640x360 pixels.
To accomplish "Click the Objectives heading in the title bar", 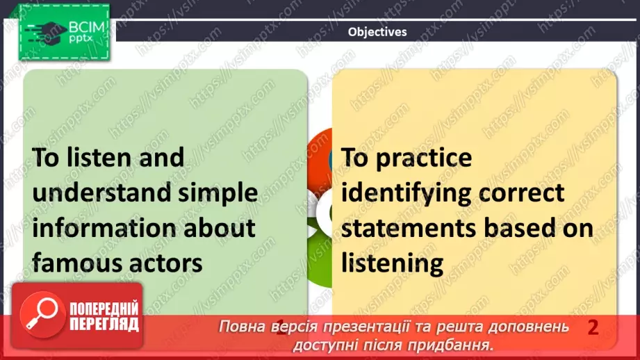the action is (377, 32).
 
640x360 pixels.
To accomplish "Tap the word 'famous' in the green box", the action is (69, 263).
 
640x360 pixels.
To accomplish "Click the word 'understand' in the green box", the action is (101, 193).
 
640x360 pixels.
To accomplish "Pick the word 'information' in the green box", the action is (104, 228).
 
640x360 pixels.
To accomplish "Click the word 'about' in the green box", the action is (220, 228).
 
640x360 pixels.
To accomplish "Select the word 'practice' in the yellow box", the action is (424, 158).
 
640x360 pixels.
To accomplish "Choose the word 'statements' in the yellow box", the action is (408, 229).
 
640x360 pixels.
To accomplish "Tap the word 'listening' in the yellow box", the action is (392, 263).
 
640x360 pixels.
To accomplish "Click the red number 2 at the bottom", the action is (593, 328).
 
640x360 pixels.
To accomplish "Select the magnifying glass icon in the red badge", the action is (42, 314).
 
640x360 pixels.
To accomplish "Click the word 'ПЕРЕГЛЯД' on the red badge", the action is (104, 324).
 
